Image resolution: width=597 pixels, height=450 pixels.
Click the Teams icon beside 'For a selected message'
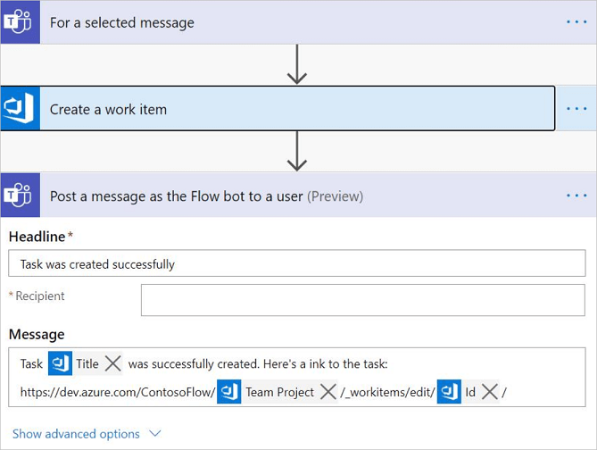point(20,22)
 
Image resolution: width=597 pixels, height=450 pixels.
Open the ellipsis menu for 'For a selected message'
point(576,22)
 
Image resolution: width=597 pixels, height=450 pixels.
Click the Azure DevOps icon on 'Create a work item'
point(20,109)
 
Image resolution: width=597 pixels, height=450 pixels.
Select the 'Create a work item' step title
point(108,110)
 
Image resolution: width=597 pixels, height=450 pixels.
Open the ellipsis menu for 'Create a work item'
point(576,109)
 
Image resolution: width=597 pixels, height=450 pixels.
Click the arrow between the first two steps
point(297,64)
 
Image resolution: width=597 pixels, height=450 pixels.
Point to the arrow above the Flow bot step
point(297,152)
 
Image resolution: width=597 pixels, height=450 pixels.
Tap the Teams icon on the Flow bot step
point(20,196)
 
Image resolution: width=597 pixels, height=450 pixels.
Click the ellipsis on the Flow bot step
point(576,196)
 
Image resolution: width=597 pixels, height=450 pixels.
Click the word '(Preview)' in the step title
point(335,196)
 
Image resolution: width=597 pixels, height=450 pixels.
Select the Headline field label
point(37,237)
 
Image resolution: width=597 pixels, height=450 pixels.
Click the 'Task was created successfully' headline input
point(296,264)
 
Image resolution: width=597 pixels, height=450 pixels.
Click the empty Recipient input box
point(362,300)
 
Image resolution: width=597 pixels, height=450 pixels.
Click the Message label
point(37,334)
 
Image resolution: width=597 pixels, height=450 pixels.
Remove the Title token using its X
point(112,363)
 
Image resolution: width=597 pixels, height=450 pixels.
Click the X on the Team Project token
point(328,392)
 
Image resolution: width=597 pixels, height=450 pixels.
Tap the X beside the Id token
point(489,392)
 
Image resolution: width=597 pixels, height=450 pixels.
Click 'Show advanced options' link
point(76,434)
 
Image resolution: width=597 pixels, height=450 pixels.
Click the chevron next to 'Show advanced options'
point(154,434)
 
